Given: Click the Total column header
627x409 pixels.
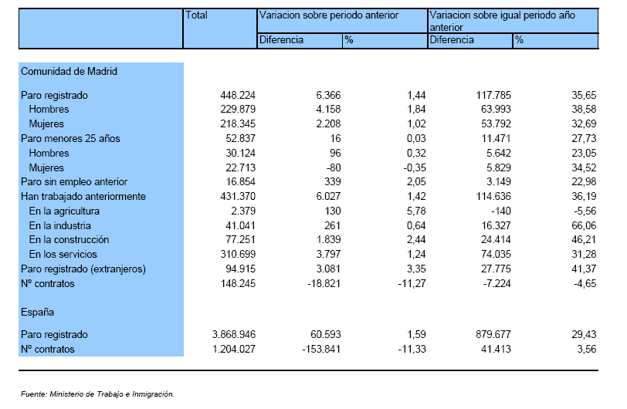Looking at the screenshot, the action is point(196,15).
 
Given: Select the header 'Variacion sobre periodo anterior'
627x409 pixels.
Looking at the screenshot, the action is point(329,15).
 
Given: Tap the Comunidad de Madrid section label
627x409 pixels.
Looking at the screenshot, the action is point(69,72).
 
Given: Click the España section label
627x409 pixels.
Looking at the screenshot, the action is point(37,313).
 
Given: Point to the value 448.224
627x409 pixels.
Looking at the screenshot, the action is point(238,95).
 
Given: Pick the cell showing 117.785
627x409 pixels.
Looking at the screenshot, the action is point(493,95).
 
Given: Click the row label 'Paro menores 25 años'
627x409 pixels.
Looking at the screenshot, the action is point(70,139).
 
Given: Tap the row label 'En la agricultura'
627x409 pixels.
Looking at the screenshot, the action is point(64,211).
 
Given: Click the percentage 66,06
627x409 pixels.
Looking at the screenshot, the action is point(584,226).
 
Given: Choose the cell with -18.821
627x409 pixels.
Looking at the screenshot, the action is point(324,284).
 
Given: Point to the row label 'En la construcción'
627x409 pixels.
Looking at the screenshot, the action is point(69,240).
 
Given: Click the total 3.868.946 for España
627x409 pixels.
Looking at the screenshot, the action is point(234,335).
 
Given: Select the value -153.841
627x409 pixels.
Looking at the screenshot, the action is point(321,350).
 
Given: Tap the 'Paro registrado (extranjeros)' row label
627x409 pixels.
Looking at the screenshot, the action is point(83,269).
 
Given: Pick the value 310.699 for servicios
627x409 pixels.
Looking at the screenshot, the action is point(238,255).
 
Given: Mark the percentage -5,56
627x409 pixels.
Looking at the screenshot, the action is point(585,211).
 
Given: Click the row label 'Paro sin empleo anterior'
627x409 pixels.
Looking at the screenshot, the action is point(74,182).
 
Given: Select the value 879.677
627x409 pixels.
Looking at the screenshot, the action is point(493,335).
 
